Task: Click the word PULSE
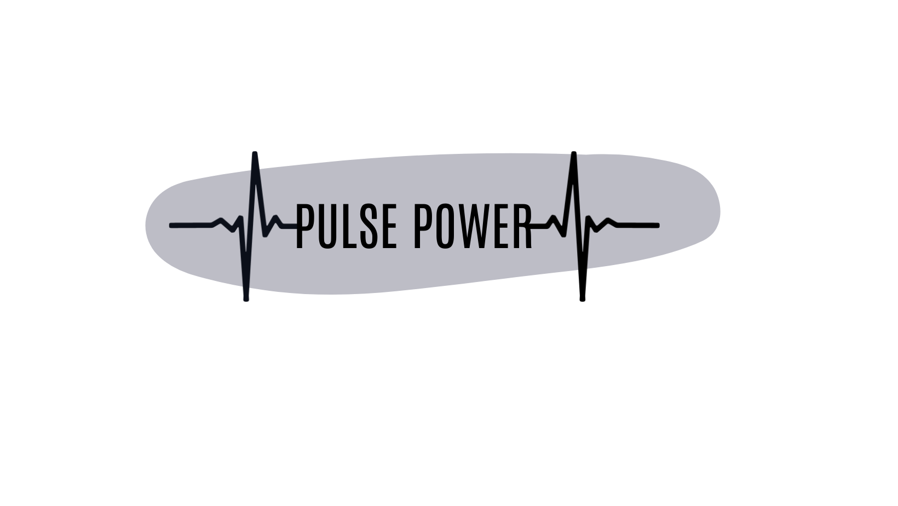click(346, 226)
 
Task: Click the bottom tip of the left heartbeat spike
click(246, 298)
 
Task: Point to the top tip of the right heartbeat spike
click(573, 157)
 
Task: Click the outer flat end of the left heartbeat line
click(172, 225)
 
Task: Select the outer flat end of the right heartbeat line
click(657, 225)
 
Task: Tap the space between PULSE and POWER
click(404, 226)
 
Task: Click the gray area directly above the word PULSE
click(346, 183)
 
